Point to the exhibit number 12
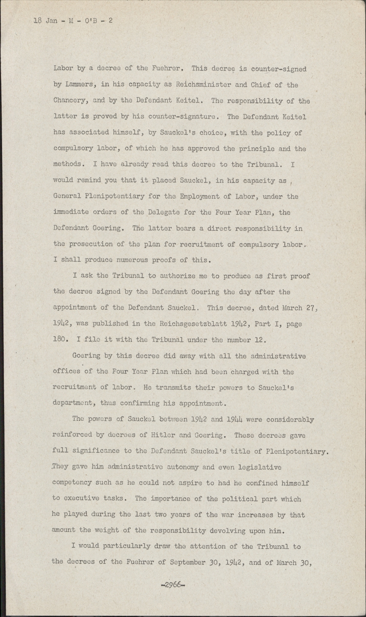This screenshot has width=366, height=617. pos(263,340)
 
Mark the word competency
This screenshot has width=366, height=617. pos(73,483)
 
